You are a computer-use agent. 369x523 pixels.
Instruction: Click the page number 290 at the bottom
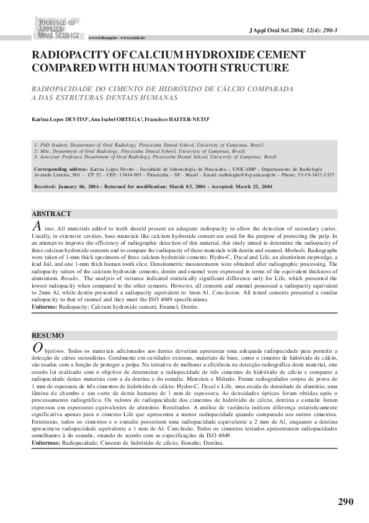pyautogui.click(x=345, y=501)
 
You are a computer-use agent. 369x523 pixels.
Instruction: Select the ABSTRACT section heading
pyautogui.click(x=51, y=214)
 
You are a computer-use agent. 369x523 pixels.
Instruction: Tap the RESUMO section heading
pyautogui.click(x=48, y=335)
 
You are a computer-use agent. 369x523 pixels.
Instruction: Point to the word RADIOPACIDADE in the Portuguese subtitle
pyautogui.click(x=63, y=89)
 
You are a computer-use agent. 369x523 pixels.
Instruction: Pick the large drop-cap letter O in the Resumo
pyautogui.click(x=37, y=348)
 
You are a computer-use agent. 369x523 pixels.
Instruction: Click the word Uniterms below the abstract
pyautogui.click(x=45, y=307)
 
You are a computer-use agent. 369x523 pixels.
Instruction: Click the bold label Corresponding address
pyautogui.click(x=61, y=169)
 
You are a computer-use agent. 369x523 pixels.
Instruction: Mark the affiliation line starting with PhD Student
pyautogui.click(x=149, y=144)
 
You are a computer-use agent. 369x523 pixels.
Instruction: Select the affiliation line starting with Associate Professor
pyautogui.click(x=155, y=158)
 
